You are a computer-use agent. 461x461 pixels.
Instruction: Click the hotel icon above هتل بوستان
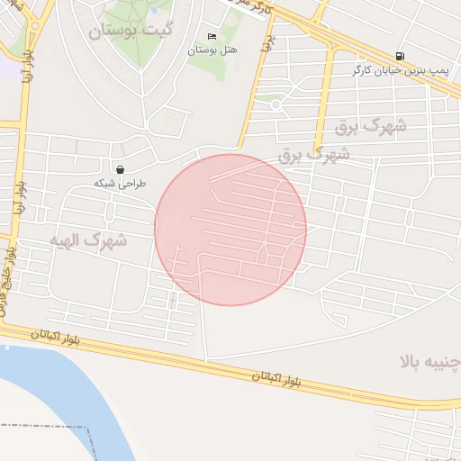(x=212, y=37)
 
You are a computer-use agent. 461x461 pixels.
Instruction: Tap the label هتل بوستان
(x=212, y=50)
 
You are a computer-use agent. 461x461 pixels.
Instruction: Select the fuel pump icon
(x=400, y=56)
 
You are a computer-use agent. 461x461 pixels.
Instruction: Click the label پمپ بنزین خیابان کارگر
(x=400, y=69)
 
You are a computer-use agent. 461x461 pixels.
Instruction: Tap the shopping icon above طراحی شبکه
(x=120, y=169)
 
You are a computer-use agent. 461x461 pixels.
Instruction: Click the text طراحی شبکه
(x=120, y=183)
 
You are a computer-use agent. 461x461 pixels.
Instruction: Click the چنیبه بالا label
(x=431, y=362)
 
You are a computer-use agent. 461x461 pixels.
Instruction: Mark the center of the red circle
(x=230, y=230)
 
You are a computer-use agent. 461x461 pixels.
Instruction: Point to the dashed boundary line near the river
(x=54, y=426)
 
